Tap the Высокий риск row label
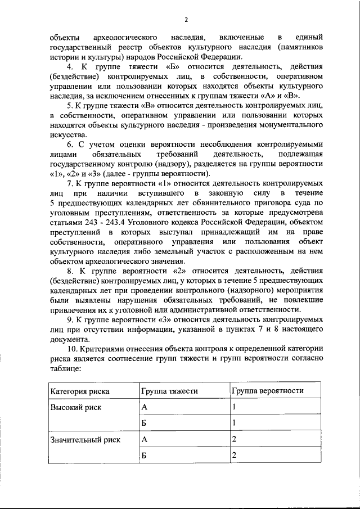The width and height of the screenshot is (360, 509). (76, 408)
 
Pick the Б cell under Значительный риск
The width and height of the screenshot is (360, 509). (144, 456)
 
